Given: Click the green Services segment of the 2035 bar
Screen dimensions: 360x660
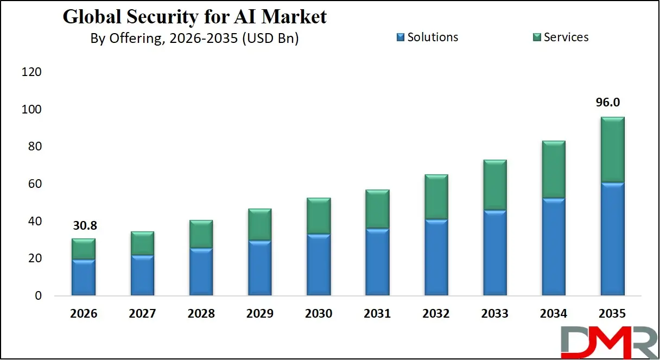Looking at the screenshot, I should click(x=613, y=150).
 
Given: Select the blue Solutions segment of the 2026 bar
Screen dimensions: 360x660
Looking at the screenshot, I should click(x=83, y=278).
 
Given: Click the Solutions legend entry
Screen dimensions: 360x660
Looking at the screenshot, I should click(x=427, y=37).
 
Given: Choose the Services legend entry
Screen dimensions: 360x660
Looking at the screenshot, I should click(x=560, y=37).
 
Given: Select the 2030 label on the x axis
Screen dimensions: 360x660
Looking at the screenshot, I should click(x=319, y=314).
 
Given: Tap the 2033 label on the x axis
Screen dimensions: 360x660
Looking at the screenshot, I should click(x=495, y=314).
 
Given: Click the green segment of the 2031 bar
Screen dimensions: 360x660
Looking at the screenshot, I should click(x=377, y=209).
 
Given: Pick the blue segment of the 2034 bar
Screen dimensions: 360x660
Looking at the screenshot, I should click(x=554, y=247).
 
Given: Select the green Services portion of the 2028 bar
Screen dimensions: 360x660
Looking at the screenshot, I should click(x=201, y=234).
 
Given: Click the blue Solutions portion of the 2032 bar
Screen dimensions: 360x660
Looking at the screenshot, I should click(x=436, y=258).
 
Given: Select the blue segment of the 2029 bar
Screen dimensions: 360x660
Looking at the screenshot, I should click(x=259, y=268).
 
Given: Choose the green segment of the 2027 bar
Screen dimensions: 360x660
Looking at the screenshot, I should click(x=142, y=243).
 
